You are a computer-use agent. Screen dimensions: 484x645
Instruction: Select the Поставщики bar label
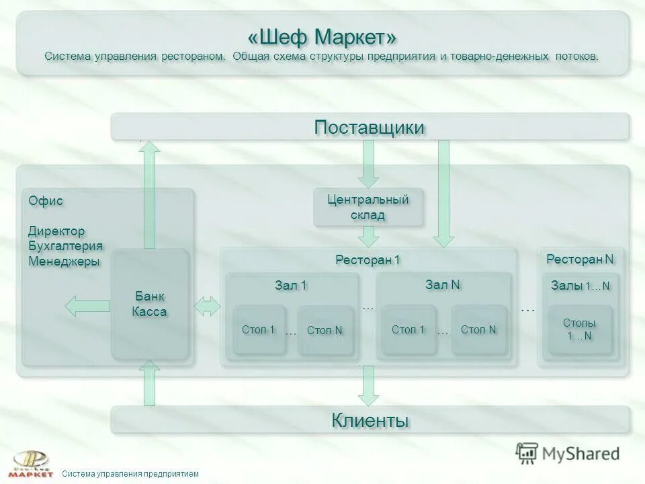[370, 127]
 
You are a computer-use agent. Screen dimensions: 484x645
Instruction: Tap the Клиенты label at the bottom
[370, 421]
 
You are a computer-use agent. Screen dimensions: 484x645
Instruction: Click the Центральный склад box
[368, 207]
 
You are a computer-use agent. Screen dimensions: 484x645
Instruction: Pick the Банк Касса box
[149, 305]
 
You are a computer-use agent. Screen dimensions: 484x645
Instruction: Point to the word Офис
[46, 200]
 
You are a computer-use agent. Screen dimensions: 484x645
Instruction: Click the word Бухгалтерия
[65, 246]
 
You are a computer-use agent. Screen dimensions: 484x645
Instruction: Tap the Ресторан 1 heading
[368, 259]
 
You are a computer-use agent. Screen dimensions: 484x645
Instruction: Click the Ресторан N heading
[580, 259]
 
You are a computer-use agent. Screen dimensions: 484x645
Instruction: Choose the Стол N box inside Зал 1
[325, 330]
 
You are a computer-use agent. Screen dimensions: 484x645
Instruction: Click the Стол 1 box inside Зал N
[408, 329]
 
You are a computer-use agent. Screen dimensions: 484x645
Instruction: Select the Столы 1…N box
[580, 329]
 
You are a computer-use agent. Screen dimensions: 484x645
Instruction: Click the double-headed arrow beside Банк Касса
[208, 307]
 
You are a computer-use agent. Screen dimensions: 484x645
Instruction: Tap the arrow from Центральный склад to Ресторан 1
[368, 237]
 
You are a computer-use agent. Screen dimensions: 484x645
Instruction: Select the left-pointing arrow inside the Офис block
[87, 307]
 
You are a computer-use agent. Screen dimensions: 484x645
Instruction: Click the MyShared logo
[568, 452]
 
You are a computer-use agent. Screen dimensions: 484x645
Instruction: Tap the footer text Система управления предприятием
[130, 474]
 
